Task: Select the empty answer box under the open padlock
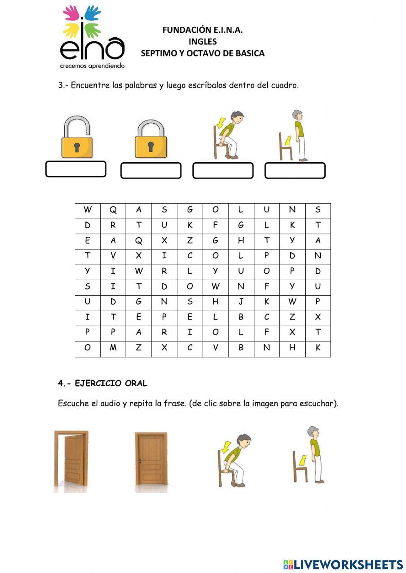click(76, 169)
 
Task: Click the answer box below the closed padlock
click(151, 171)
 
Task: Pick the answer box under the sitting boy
click(223, 171)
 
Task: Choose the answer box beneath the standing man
click(295, 171)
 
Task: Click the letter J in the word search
click(241, 302)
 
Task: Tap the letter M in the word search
click(113, 348)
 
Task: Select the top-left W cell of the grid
click(87, 210)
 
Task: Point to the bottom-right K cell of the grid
click(318, 348)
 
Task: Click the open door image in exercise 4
click(71, 460)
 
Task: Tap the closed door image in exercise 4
click(151, 460)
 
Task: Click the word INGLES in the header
click(203, 41)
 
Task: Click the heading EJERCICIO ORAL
click(111, 383)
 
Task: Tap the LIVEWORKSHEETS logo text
click(348, 564)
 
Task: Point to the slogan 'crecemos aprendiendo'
click(92, 66)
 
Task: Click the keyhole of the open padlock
click(77, 147)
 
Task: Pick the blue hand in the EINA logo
click(93, 12)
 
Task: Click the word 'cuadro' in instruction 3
click(285, 86)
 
